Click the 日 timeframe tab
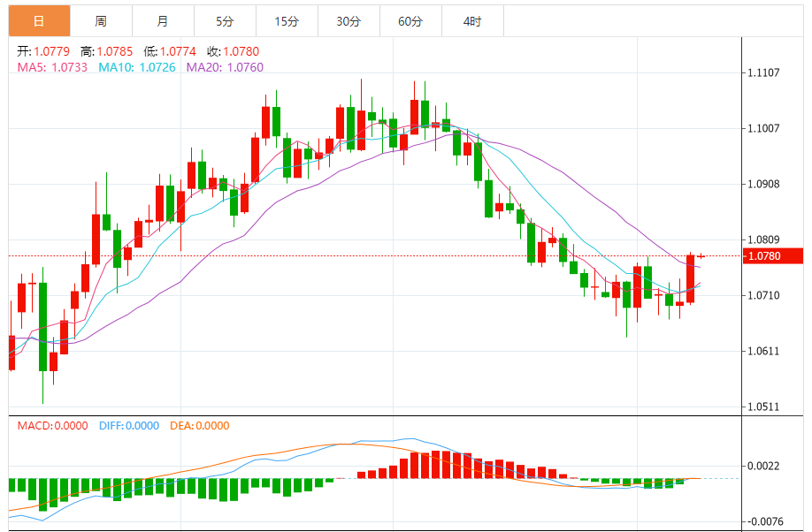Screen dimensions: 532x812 [39, 21]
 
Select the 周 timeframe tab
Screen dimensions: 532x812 [101, 21]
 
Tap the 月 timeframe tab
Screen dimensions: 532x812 [163, 21]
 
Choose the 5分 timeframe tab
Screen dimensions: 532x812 [225, 21]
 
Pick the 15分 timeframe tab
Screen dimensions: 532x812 [287, 21]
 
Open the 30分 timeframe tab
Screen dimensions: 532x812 [349, 21]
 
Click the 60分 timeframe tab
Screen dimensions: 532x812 [410, 21]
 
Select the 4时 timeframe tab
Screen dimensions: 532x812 [472, 21]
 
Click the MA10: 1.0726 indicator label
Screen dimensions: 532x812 [136, 67]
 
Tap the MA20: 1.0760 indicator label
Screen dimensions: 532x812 [225, 67]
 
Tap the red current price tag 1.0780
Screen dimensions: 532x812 [763, 256]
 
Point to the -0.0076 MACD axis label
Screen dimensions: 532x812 [763, 521]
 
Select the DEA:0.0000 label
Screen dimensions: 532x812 [200, 425]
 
